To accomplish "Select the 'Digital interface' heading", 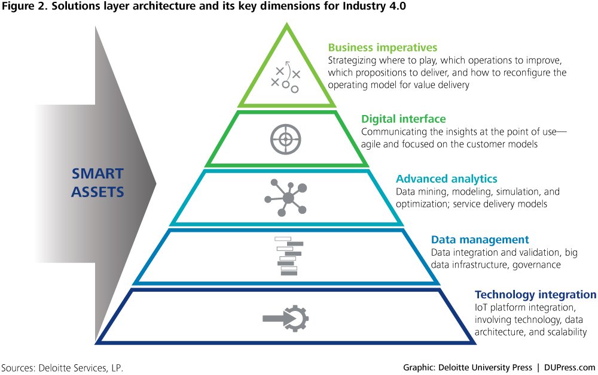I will pos(403,119).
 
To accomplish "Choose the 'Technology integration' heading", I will pos(535,295).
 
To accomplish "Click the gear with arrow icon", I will pos(286,317).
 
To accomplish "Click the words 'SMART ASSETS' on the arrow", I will pos(97,183).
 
